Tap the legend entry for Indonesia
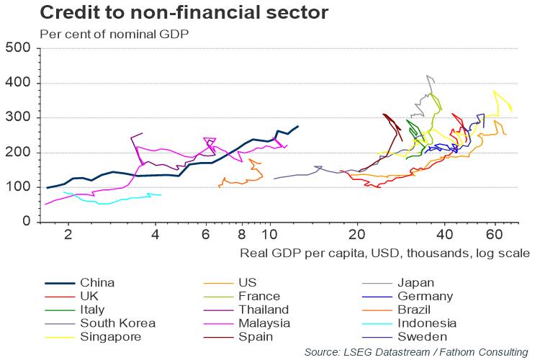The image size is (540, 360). (426, 323)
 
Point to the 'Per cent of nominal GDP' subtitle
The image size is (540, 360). (114, 34)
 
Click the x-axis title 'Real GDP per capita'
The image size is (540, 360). (383, 253)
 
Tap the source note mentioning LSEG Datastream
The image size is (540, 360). (415, 351)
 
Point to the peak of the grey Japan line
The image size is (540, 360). (428, 76)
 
